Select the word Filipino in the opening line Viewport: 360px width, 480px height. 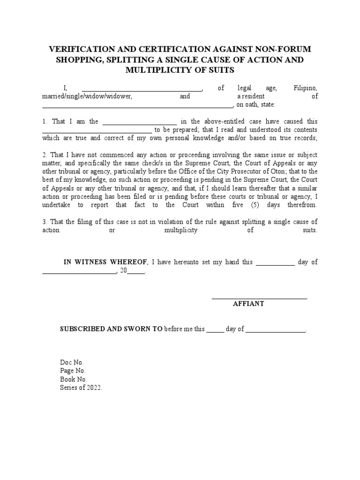[x=306, y=88]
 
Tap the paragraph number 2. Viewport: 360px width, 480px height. [x=45, y=155]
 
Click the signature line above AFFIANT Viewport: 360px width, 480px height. [x=259, y=298]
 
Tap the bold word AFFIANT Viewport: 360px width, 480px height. [x=248, y=304]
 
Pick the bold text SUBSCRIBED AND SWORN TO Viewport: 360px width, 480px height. [x=111, y=329]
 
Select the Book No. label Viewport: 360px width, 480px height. [x=73, y=380]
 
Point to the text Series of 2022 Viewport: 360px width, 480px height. [x=81, y=388]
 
